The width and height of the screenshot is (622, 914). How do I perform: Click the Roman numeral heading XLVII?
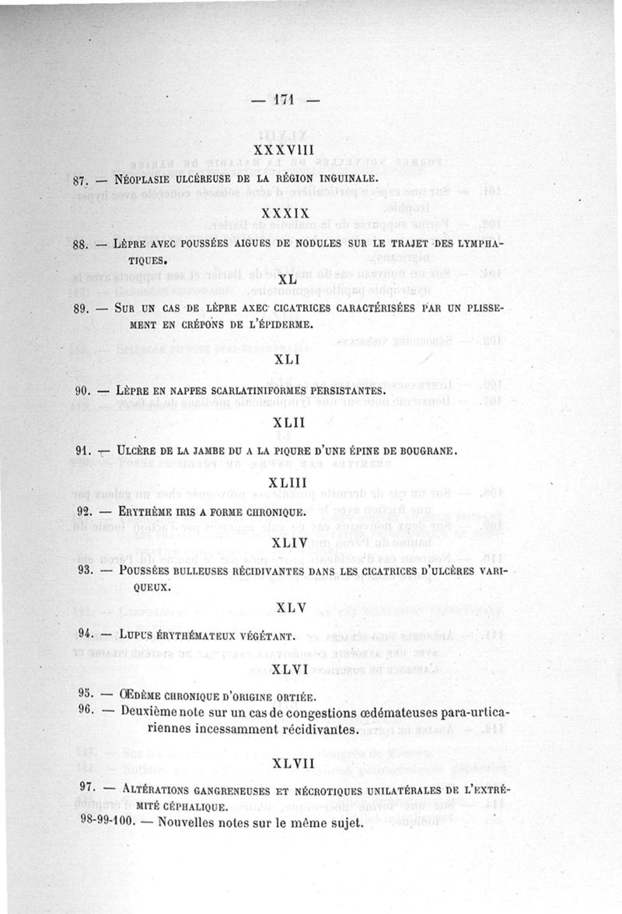(x=293, y=764)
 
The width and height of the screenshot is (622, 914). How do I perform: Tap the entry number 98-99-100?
(x=107, y=821)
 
